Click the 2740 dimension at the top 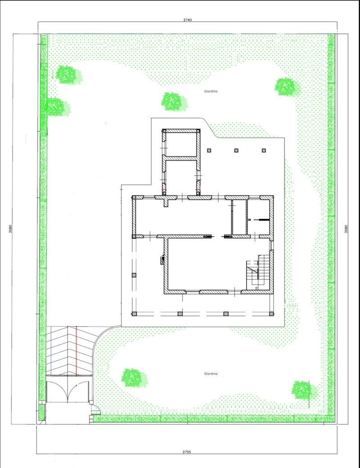[x=187, y=20]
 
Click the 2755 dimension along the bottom [x=187, y=452]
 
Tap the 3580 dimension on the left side [x=10, y=229]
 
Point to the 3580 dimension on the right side [x=346, y=229]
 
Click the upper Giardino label [x=211, y=91]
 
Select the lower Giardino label [x=211, y=374]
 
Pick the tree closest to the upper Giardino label [x=174, y=101]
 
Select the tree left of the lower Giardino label [x=134, y=378]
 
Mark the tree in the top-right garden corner [x=288, y=87]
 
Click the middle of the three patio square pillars [x=236, y=151]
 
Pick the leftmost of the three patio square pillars [x=209, y=151]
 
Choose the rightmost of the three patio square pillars [x=264, y=151]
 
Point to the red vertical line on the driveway [x=76, y=350]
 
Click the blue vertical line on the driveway [x=51, y=350]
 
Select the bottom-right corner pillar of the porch [x=271, y=314]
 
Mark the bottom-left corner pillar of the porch [x=134, y=314]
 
